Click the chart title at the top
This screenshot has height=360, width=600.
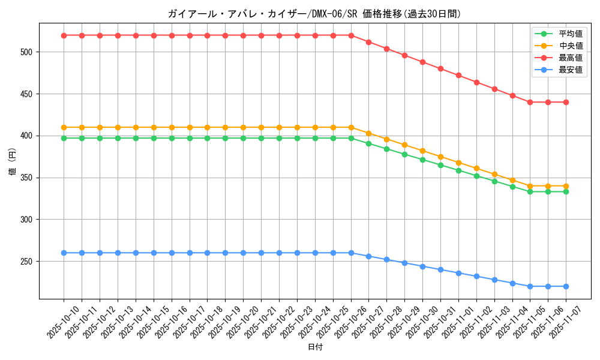315,14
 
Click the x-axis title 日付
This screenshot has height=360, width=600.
315,347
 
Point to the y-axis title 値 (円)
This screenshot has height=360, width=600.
12,161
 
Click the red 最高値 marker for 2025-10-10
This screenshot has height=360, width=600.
64,35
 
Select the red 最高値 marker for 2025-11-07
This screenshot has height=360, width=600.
566,102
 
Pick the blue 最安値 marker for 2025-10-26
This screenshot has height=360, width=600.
351,253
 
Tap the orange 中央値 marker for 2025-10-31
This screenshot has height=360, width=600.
440,157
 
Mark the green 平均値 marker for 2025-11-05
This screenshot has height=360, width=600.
530,191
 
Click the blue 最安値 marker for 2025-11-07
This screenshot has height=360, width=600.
566,286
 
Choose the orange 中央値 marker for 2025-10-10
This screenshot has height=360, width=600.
64,127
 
